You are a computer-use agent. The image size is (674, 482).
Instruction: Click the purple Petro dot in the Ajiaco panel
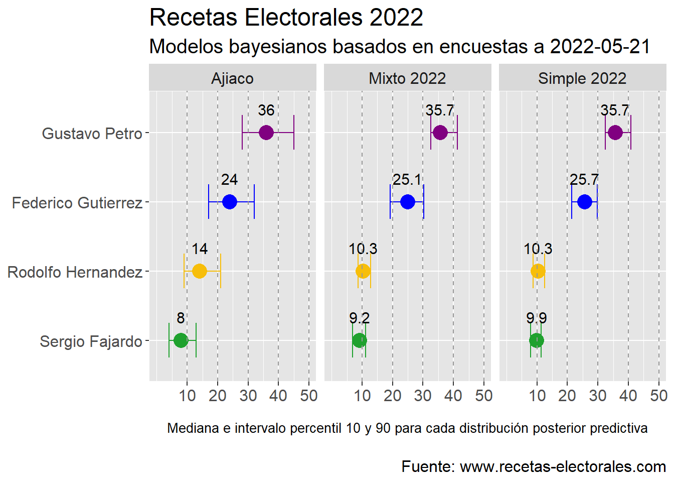(266, 133)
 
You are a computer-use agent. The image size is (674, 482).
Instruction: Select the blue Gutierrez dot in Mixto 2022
(408, 202)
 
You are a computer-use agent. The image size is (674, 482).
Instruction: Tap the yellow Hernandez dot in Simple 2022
(538, 271)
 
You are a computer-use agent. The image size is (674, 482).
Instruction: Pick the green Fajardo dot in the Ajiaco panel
(181, 340)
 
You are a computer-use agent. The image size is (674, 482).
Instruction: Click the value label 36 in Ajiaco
(266, 110)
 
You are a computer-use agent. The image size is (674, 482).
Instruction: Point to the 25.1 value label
(407, 180)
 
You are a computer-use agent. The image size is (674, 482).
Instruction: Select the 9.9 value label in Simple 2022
(537, 318)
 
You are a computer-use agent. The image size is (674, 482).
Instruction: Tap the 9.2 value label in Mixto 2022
(359, 318)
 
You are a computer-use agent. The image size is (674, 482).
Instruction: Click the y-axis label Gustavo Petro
(92, 134)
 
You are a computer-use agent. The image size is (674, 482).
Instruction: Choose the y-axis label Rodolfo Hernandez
(75, 272)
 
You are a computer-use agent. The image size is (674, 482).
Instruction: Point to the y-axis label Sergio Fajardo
(91, 341)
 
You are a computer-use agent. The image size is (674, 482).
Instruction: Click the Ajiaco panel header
(233, 78)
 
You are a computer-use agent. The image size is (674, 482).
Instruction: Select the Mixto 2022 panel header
(407, 78)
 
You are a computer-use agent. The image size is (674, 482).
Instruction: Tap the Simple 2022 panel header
(582, 78)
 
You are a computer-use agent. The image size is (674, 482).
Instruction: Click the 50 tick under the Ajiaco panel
(309, 396)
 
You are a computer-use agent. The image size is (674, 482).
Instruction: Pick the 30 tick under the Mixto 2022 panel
(423, 396)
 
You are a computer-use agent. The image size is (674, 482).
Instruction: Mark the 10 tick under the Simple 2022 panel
(537, 396)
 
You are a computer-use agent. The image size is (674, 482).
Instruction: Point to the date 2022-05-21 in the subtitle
(600, 47)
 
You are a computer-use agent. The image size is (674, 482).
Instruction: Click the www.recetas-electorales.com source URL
(563, 466)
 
